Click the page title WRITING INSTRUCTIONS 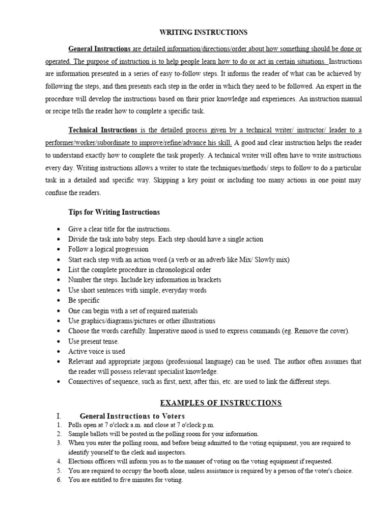coord(204,33)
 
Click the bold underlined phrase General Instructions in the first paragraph coord(100,49)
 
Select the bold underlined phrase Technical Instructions coord(103,130)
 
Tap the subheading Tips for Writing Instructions coord(114,212)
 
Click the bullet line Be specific coord(84,300)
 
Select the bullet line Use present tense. coord(94,341)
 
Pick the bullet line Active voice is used coord(97,351)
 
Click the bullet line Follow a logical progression coord(108,249)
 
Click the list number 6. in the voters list coord(59,480)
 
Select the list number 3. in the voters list coord(59,443)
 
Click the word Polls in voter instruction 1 coord(75,425)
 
